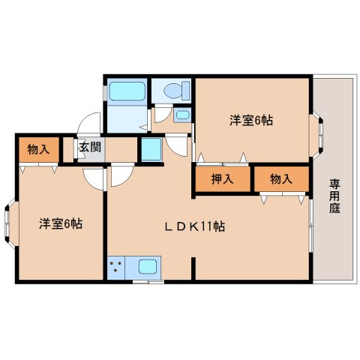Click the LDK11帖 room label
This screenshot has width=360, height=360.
[195, 226]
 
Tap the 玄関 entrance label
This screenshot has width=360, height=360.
[90, 147]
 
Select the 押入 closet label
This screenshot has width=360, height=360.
[222, 179]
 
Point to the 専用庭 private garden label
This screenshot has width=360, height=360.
[334, 196]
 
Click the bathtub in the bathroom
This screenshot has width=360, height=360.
[127, 91]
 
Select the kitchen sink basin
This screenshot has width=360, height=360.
[148, 266]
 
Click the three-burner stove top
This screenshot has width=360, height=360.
[116, 268]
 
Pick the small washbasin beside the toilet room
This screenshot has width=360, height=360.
[182, 115]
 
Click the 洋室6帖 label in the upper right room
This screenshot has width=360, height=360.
[251, 121]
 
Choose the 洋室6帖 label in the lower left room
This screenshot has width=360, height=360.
[61, 223]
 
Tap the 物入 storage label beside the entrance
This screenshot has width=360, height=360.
[38, 149]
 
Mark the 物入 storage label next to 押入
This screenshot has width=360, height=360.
[281, 179]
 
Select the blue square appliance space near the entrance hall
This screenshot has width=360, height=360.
[151, 149]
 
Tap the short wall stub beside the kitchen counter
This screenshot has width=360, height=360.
[193, 268]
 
